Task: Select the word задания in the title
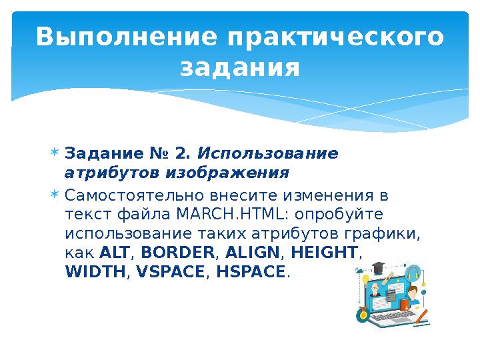[x=240, y=67]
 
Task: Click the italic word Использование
[x=269, y=154]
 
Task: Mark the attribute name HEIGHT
[x=325, y=253]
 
